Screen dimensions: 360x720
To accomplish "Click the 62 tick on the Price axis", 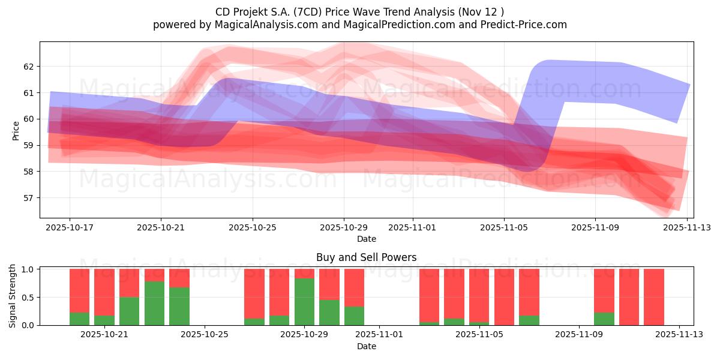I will [x=31, y=67].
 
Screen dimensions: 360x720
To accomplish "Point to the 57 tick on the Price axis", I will [x=31, y=198].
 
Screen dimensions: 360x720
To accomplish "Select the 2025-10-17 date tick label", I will [x=69, y=228].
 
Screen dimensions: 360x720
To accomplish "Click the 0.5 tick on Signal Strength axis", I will [x=28, y=298].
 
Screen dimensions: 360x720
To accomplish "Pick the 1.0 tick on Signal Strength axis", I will [x=28, y=269].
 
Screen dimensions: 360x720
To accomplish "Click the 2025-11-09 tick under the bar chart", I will [x=579, y=335].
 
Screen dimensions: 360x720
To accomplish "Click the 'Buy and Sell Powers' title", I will [x=366, y=257].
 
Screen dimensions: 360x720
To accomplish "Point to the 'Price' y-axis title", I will [x=16, y=130].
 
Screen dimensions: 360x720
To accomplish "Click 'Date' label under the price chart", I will [x=366, y=239].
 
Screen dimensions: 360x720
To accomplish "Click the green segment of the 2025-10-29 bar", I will [x=304, y=302].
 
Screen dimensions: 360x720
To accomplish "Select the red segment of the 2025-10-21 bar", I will [x=104, y=292].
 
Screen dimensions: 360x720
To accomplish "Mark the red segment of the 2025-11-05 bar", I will [x=504, y=296].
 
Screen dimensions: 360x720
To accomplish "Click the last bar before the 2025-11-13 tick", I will [x=654, y=297].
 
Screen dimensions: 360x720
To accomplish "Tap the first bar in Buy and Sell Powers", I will [x=79, y=297].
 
